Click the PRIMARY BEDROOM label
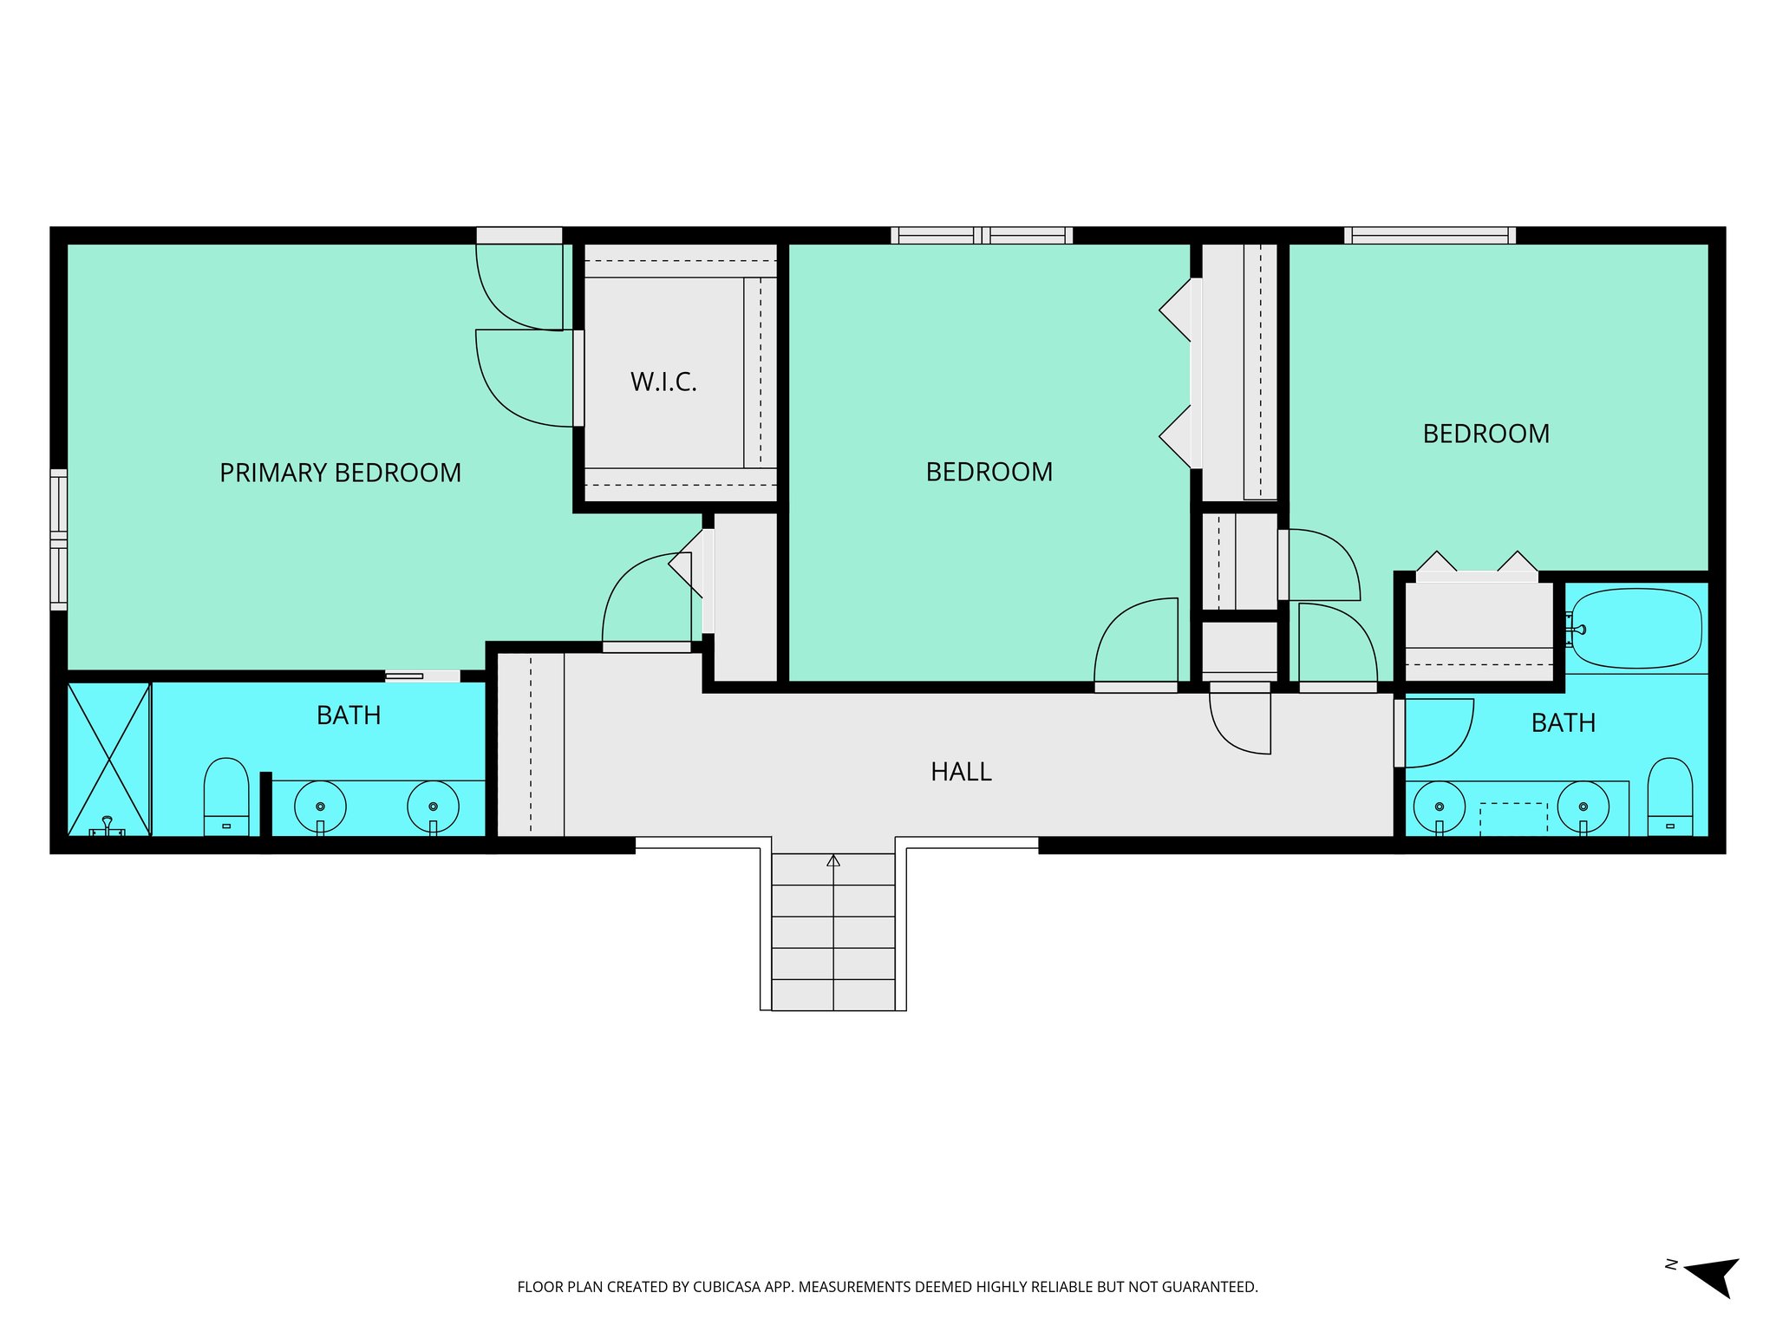tap(340, 473)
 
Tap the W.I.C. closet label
tap(663, 382)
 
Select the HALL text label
tap(961, 772)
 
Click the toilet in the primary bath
tap(226, 796)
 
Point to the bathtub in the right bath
tap(1636, 629)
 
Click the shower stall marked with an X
tap(109, 760)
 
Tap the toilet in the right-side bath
tap(1669, 796)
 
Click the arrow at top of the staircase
tap(833, 861)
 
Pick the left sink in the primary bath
tap(320, 806)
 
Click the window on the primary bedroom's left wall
tap(58, 539)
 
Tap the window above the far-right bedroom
tap(1430, 235)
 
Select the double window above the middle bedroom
tap(982, 235)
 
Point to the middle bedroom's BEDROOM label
tap(989, 473)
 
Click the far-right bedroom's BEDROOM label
tap(1485, 434)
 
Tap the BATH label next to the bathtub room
tap(1563, 723)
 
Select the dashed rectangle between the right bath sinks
tap(1512, 819)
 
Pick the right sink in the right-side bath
tap(1583, 806)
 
